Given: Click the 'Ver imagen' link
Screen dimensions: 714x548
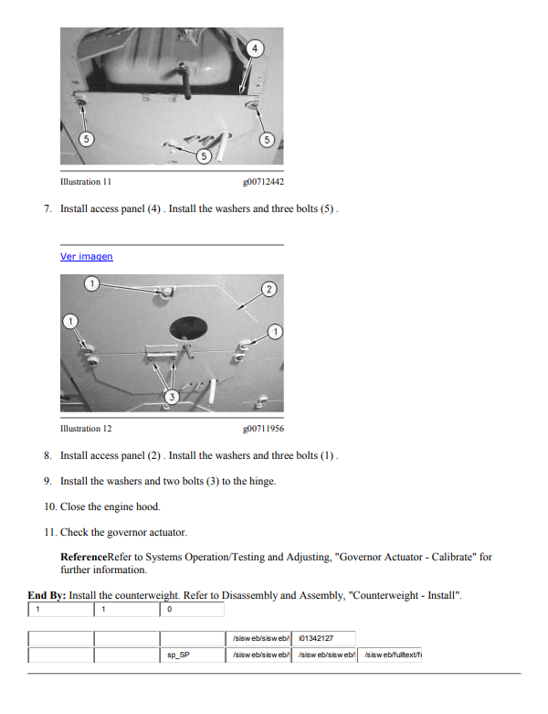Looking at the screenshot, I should (86, 257).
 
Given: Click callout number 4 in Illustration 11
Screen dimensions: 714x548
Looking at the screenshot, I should (255, 47).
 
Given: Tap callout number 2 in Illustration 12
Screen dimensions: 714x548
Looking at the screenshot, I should (269, 289).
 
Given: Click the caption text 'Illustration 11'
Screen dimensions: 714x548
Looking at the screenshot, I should (86, 182).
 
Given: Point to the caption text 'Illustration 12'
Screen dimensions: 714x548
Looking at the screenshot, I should (86, 428).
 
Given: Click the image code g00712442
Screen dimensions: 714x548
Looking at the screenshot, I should (263, 182).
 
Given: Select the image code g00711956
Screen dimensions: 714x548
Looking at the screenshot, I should (263, 428).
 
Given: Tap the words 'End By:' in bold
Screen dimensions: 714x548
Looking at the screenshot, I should (47, 595).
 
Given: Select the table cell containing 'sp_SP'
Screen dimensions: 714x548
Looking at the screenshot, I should (178, 655).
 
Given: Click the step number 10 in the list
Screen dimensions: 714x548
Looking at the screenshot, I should (49, 506).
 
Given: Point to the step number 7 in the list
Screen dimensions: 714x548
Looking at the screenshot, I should (47, 209).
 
